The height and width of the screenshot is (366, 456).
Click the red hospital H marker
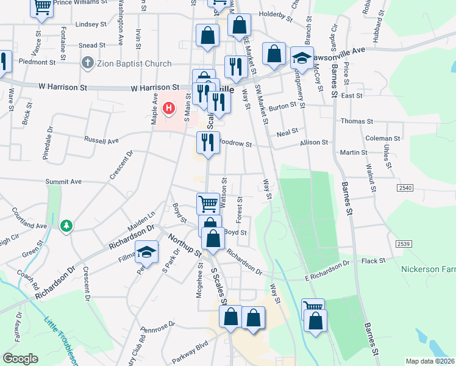tap(169, 109)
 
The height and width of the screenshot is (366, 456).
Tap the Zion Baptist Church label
tap(134, 62)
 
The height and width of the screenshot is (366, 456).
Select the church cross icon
tap(88, 62)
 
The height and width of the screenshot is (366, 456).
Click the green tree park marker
tap(66, 226)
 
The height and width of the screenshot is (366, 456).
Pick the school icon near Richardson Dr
tap(147, 251)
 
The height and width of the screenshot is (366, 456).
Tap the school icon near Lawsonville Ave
tap(301, 58)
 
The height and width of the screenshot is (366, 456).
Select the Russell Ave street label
tap(102, 140)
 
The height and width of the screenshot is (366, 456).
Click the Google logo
tap(20, 359)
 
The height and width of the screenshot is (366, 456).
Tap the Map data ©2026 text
tap(430, 361)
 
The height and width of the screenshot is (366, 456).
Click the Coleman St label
tap(379, 138)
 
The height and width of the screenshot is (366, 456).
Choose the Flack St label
tap(374, 260)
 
